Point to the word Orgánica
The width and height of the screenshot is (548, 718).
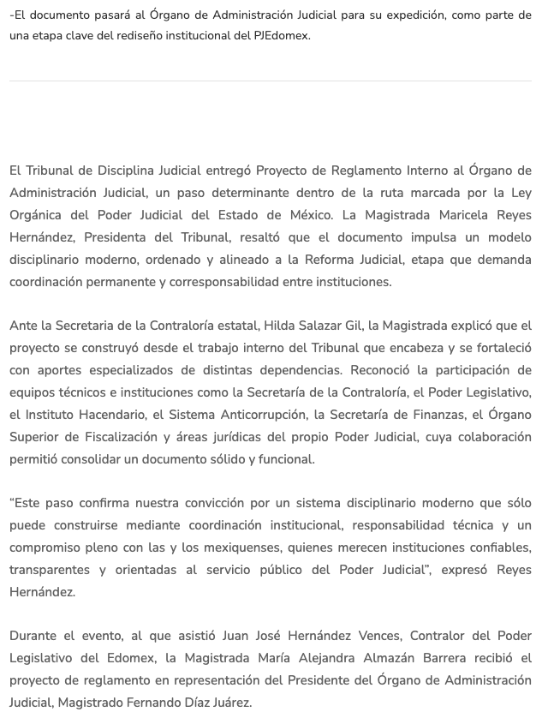[x=41, y=215]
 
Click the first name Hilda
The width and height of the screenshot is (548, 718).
[x=258, y=326]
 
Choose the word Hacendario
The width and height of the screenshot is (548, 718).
[x=110, y=415]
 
